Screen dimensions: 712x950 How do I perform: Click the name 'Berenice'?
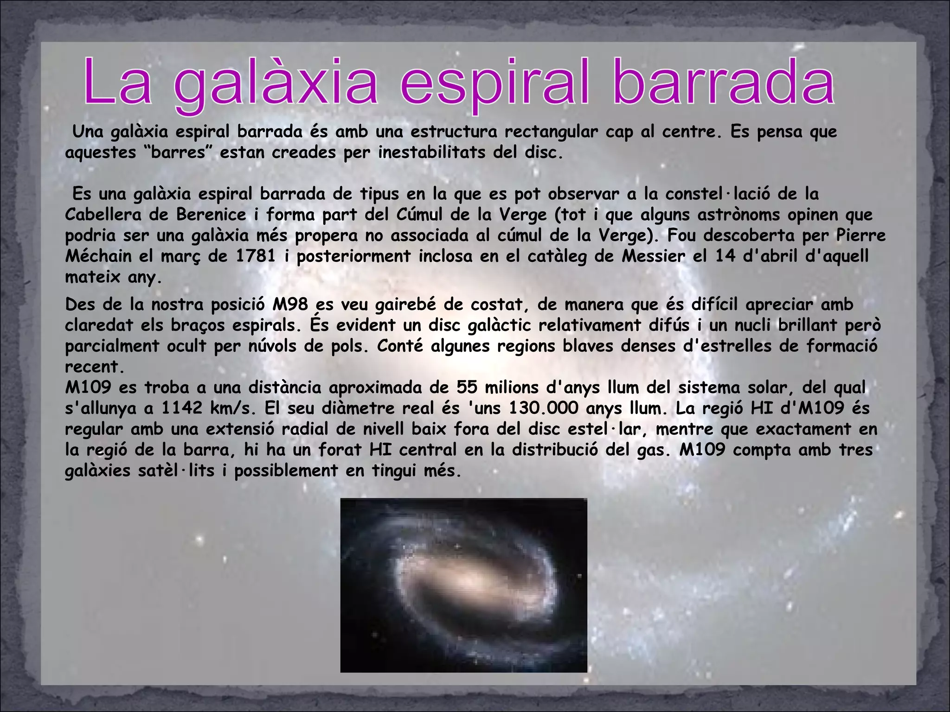pos(211,215)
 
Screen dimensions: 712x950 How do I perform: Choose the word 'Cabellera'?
pos(103,215)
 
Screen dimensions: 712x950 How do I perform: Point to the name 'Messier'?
pos(653,256)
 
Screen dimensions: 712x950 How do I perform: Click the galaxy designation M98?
pos(290,305)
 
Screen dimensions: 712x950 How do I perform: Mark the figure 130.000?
pos(544,408)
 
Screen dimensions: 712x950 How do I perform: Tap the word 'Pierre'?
pos(860,235)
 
